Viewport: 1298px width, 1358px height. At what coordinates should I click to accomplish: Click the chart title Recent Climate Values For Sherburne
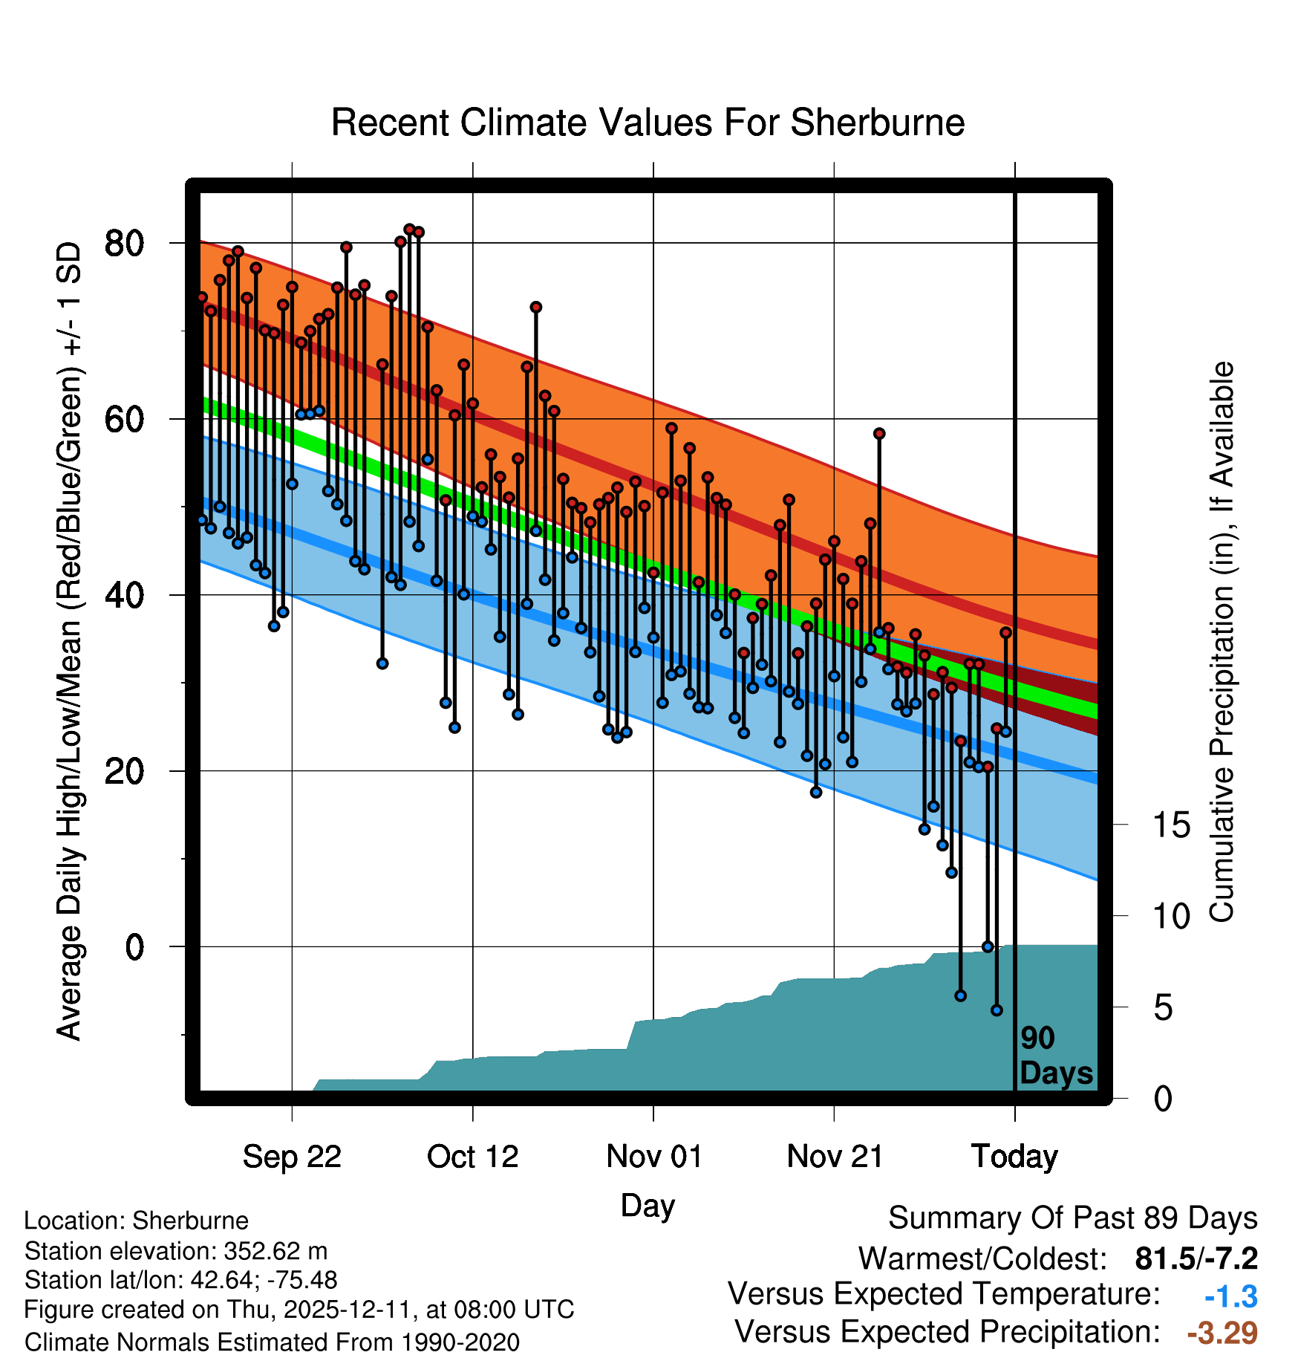click(648, 123)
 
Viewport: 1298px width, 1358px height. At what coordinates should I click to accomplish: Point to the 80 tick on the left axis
click(124, 243)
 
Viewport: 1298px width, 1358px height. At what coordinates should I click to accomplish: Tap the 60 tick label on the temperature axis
click(124, 419)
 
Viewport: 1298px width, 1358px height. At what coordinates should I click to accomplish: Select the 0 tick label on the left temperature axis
click(134, 947)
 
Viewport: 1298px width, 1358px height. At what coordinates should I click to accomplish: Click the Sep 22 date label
click(292, 1157)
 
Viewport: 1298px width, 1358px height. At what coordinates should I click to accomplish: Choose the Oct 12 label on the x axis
click(472, 1157)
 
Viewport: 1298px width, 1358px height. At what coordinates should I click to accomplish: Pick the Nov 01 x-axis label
click(653, 1157)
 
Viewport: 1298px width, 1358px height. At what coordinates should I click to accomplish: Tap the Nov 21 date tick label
click(835, 1157)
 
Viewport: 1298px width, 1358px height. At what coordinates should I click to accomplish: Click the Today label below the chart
click(1014, 1157)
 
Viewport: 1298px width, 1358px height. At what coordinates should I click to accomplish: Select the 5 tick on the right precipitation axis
click(1163, 1008)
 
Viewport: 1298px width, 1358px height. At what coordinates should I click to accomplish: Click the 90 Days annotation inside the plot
click(1055, 1056)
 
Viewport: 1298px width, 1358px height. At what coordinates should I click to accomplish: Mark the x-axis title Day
click(648, 1205)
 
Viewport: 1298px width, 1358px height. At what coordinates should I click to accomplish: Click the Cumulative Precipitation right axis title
click(1222, 642)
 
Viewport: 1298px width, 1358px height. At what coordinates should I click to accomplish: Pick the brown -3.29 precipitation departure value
click(1222, 1333)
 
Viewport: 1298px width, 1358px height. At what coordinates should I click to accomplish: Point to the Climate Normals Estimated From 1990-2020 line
click(272, 1342)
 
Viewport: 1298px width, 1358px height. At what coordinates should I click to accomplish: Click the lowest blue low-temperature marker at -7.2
click(997, 1010)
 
